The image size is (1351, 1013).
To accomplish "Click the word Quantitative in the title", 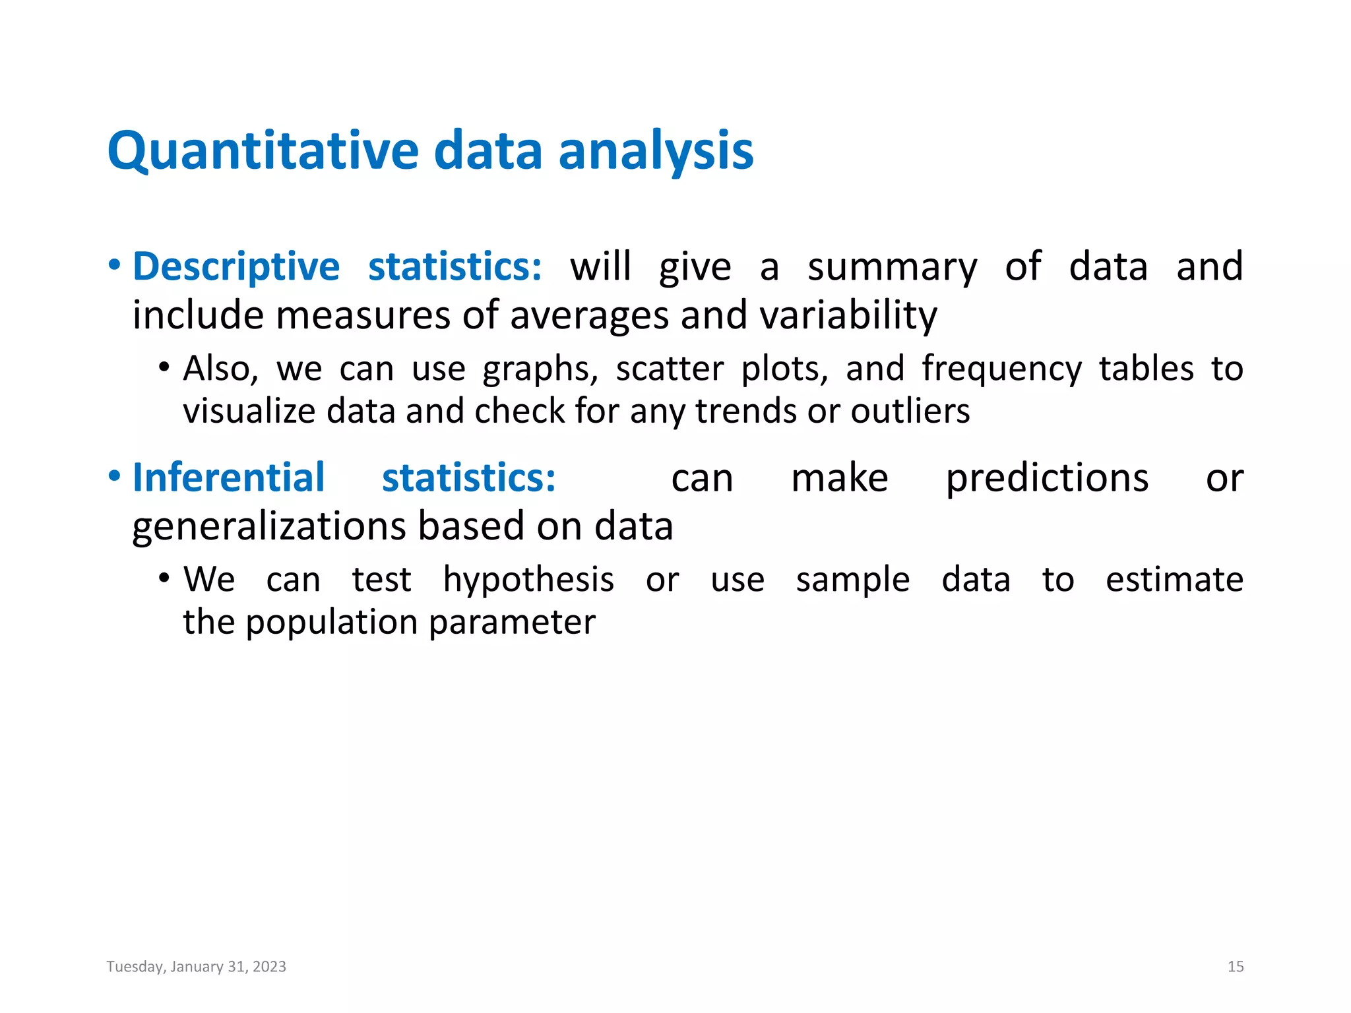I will point(263,152).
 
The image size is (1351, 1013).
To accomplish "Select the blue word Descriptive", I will point(236,267).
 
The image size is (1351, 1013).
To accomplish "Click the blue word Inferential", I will point(228,478).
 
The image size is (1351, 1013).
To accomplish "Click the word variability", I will point(848,315).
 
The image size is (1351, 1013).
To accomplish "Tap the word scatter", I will point(670,369).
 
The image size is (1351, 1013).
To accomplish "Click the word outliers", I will point(910,412).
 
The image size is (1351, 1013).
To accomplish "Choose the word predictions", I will point(1047,479).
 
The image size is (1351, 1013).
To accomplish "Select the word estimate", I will point(1174,580).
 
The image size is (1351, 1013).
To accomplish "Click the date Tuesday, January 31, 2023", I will point(197,967).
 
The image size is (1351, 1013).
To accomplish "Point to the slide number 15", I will point(1236,967).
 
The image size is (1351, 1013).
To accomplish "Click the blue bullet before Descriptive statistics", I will point(115,266).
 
